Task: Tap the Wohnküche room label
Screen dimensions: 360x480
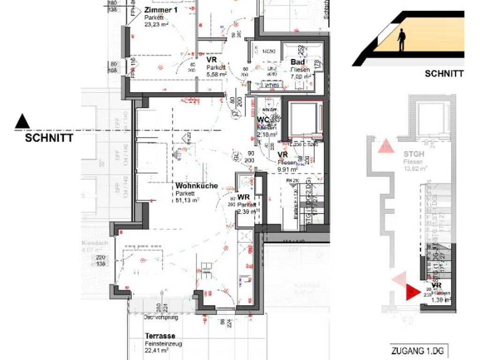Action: point(196,186)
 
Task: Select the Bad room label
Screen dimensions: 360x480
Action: point(298,62)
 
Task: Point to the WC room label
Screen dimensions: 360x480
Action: point(262,120)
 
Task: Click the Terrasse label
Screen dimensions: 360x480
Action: point(160,336)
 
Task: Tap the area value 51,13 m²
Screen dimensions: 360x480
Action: point(187,199)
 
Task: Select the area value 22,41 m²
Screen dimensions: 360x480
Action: point(157,351)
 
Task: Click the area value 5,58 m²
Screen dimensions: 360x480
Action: point(217,74)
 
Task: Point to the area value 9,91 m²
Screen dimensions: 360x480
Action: point(287,170)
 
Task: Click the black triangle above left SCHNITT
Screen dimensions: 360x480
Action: point(22,122)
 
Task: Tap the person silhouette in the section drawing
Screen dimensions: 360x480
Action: point(401,40)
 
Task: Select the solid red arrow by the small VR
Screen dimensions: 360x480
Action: point(412,292)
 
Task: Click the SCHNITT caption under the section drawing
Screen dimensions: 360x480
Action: point(444,74)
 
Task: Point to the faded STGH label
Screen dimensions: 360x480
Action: point(414,154)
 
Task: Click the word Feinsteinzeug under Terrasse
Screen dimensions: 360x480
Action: point(163,344)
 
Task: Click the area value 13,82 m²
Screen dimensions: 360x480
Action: point(415,168)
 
